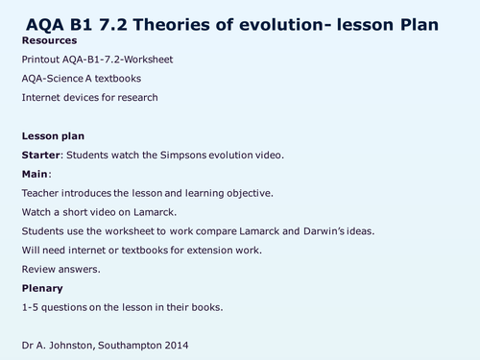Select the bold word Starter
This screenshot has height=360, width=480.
point(42,155)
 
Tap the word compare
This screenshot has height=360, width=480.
point(212,231)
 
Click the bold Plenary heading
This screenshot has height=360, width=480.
point(41,288)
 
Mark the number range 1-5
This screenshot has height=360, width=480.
point(29,307)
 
